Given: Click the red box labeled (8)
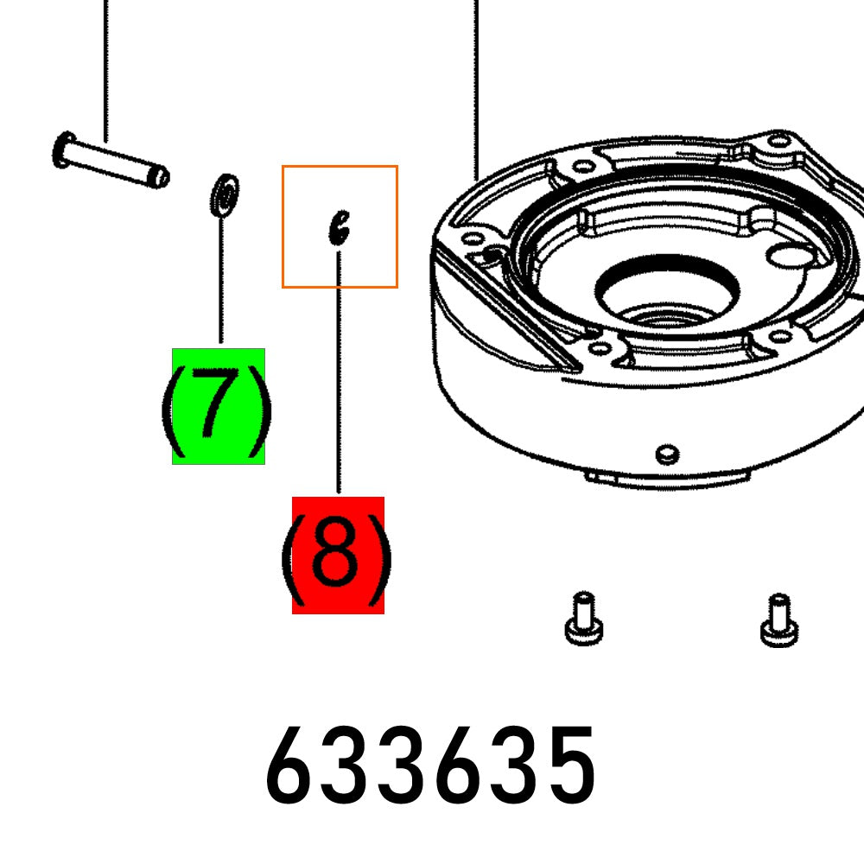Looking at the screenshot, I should point(338,556).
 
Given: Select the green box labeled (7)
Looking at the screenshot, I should point(219,406).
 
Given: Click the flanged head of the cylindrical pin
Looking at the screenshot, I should point(63,150).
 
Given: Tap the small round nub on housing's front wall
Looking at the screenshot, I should point(665,454).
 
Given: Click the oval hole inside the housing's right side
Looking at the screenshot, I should point(790,256).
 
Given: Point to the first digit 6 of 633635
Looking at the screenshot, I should point(295,766).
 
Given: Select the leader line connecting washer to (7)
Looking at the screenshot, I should point(221,276).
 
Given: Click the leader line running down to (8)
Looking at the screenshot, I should point(339,372).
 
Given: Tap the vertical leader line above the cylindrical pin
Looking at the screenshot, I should point(105,69).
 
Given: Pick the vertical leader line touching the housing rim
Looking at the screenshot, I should point(476,86).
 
